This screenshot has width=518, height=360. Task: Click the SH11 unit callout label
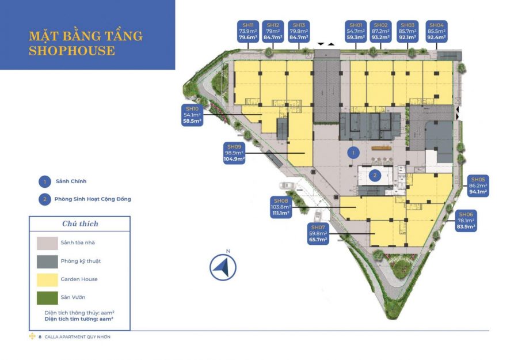[x=247, y=32]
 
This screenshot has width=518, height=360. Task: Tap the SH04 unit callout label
[x=436, y=32]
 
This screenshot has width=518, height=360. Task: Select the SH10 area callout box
[x=192, y=115]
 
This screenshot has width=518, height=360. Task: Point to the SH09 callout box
[x=234, y=153]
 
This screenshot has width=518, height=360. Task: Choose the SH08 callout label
[x=281, y=207]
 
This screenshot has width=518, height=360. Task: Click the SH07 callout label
[x=318, y=234]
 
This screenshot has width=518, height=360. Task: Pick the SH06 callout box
[x=466, y=221]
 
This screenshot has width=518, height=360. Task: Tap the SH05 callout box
[x=478, y=186]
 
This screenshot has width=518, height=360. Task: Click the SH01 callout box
[x=356, y=32]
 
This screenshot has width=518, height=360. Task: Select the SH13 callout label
[x=299, y=32]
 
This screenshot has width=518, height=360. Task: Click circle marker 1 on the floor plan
[x=353, y=153]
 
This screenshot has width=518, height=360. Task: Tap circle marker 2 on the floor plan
[x=375, y=176]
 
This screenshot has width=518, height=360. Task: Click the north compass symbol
[x=223, y=267]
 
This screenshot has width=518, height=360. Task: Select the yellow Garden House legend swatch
[x=47, y=280]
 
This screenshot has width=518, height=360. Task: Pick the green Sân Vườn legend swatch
[x=47, y=298]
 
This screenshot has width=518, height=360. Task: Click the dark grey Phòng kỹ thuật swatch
[x=47, y=262]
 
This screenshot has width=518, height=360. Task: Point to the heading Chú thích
[x=80, y=224]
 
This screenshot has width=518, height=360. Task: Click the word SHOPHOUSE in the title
[x=72, y=51]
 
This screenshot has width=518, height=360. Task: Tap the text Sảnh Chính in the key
[x=71, y=181]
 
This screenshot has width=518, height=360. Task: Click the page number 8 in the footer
[x=40, y=337]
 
